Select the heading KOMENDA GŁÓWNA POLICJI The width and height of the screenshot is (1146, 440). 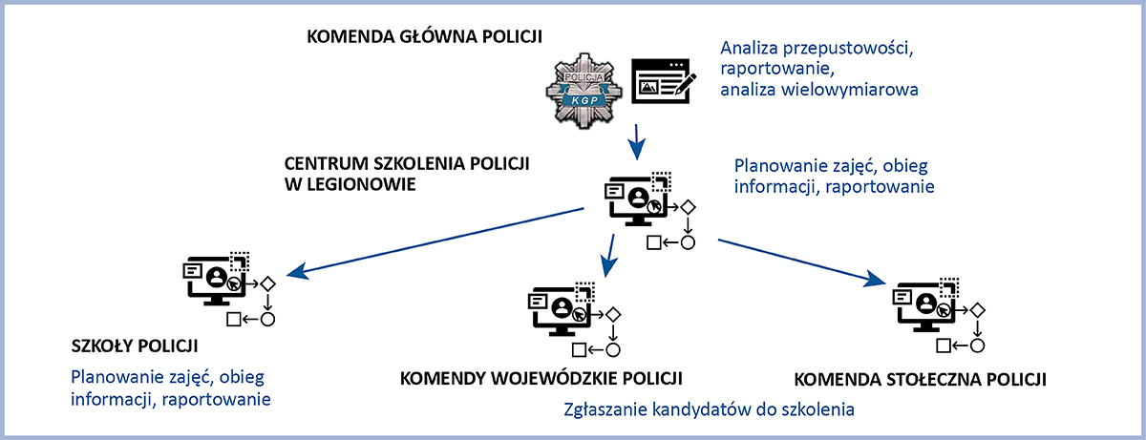click(x=424, y=37)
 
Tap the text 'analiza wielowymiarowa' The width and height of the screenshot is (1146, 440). click(x=819, y=91)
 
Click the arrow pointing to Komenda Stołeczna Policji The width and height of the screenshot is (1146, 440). click(x=796, y=262)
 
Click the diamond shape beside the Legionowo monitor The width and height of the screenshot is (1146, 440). click(x=686, y=207)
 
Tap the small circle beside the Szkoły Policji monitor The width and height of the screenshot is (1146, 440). click(x=268, y=319)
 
